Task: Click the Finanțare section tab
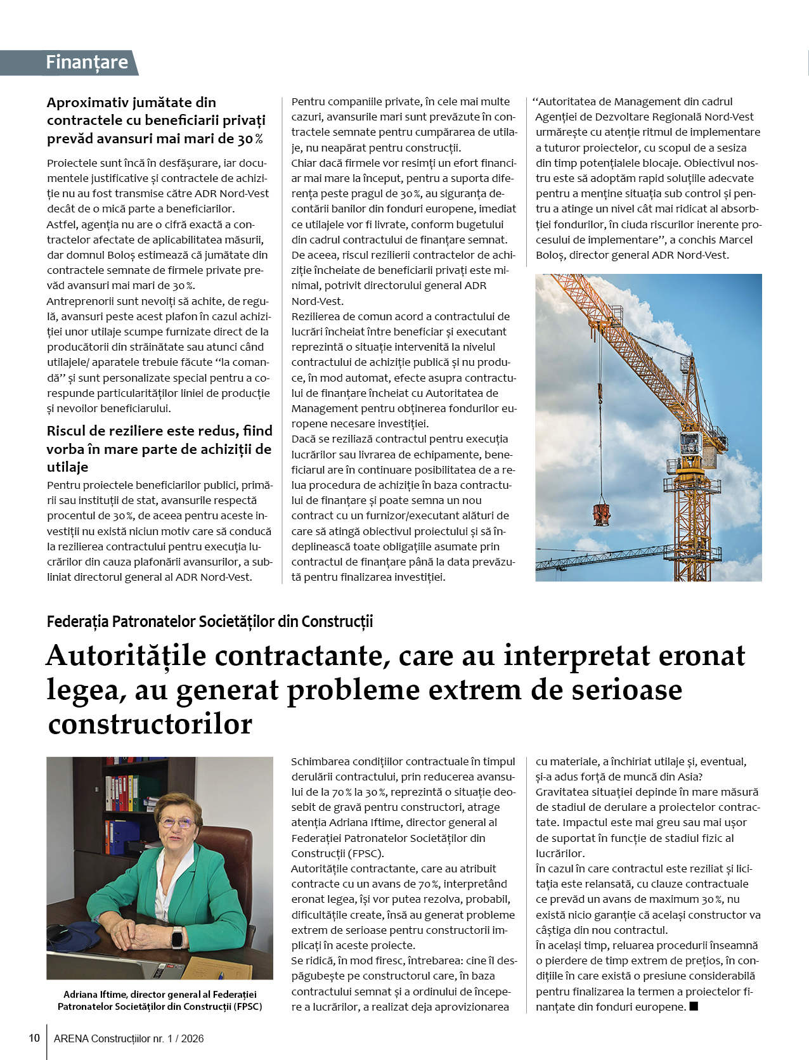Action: pos(86,63)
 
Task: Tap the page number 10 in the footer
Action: pos(34,1038)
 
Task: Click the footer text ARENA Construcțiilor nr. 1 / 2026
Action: pos(129,1038)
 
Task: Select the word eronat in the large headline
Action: pos(702,656)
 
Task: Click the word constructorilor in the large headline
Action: pos(150,725)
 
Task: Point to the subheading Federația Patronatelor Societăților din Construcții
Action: pos(210,621)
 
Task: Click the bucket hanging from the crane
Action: pos(601,514)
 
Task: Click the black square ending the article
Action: pos(694,1006)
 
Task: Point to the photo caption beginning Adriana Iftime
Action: pos(160,1000)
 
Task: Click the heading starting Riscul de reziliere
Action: pos(159,449)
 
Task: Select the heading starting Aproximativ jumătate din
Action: pos(156,120)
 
